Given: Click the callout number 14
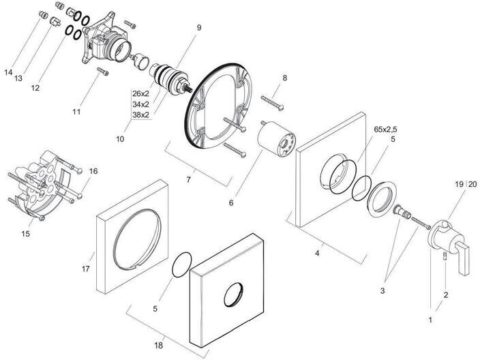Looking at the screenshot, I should point(8,72).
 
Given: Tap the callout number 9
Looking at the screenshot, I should point(198,29).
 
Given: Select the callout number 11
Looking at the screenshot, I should point(76,110).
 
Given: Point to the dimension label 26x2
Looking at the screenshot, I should point(141,93).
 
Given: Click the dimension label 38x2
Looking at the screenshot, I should point(141,115).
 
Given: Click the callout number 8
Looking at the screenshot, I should point(284,78).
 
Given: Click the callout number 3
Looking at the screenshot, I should point(382,290).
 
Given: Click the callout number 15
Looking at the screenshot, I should point(25,234).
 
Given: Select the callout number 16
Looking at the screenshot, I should point(93,171).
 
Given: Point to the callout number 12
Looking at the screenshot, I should point(35,88).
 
